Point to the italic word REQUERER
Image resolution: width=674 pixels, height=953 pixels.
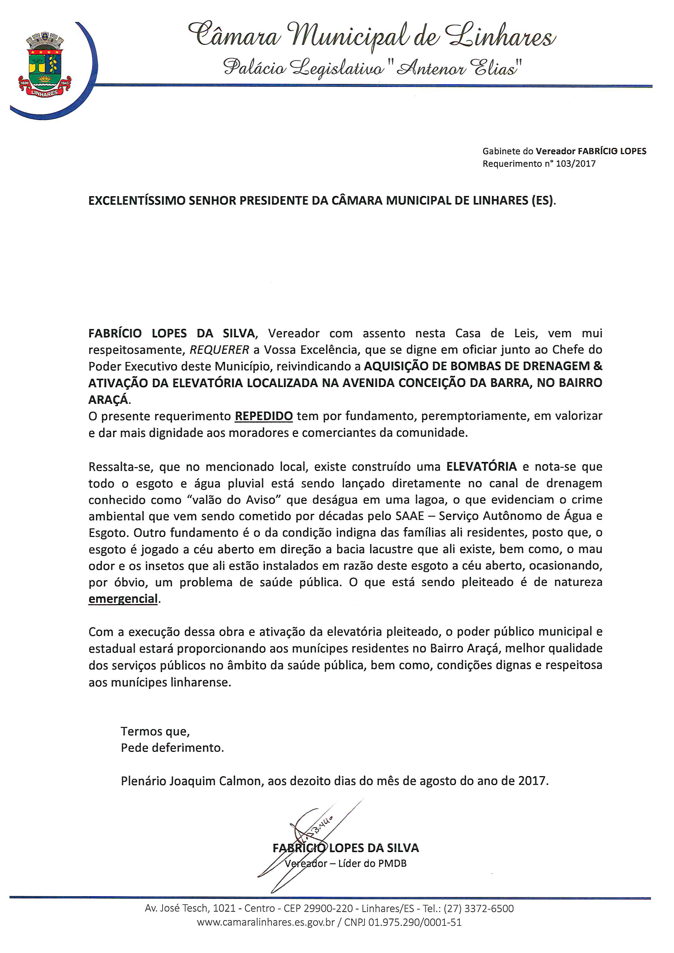click(x=219, y=350)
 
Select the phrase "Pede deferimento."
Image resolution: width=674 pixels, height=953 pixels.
click(x=172, y=748)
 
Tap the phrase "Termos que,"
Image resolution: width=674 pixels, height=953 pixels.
click(x=155, y=731)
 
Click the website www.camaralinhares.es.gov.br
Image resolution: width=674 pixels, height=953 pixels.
click(x=266, y=922)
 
